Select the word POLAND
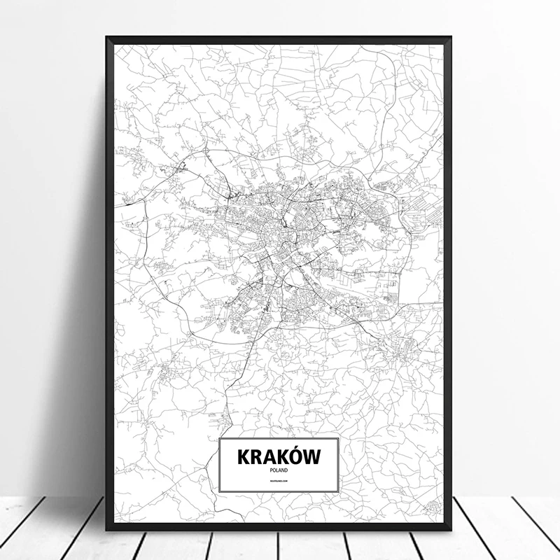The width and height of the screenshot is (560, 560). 279,470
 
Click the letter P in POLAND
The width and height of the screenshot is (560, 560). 270,470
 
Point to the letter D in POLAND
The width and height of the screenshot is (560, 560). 287,470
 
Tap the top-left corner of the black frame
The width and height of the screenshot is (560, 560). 106,36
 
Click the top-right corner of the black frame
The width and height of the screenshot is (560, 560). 451,36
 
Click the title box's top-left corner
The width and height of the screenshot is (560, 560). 219,438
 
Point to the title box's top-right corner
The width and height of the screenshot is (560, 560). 339,438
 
